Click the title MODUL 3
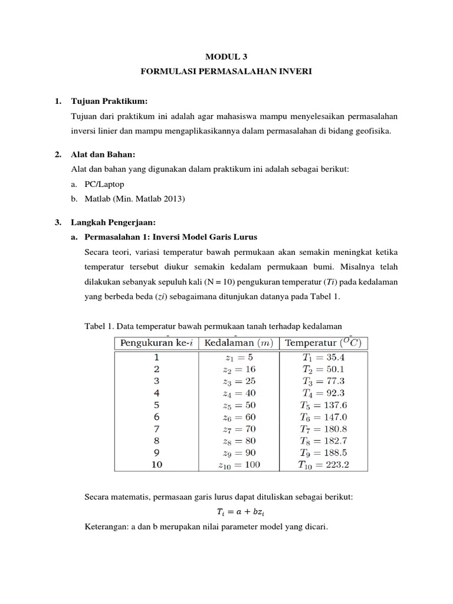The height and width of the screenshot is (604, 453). point(227,57)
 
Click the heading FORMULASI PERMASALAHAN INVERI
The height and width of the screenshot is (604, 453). point(226,72)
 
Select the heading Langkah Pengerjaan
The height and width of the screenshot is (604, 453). point(112,222)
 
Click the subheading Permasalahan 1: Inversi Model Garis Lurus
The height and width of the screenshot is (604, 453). point(171,237)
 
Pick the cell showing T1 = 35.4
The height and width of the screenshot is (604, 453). point(324,357)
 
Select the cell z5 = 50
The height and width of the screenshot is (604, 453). point(239,405)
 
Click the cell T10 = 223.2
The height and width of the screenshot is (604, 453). point(324,464)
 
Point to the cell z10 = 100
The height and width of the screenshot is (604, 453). point(239,464)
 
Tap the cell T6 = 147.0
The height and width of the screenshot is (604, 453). point(324,417)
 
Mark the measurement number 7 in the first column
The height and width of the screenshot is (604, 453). point(156,429)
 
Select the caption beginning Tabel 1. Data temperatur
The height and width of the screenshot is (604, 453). point(214,326)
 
